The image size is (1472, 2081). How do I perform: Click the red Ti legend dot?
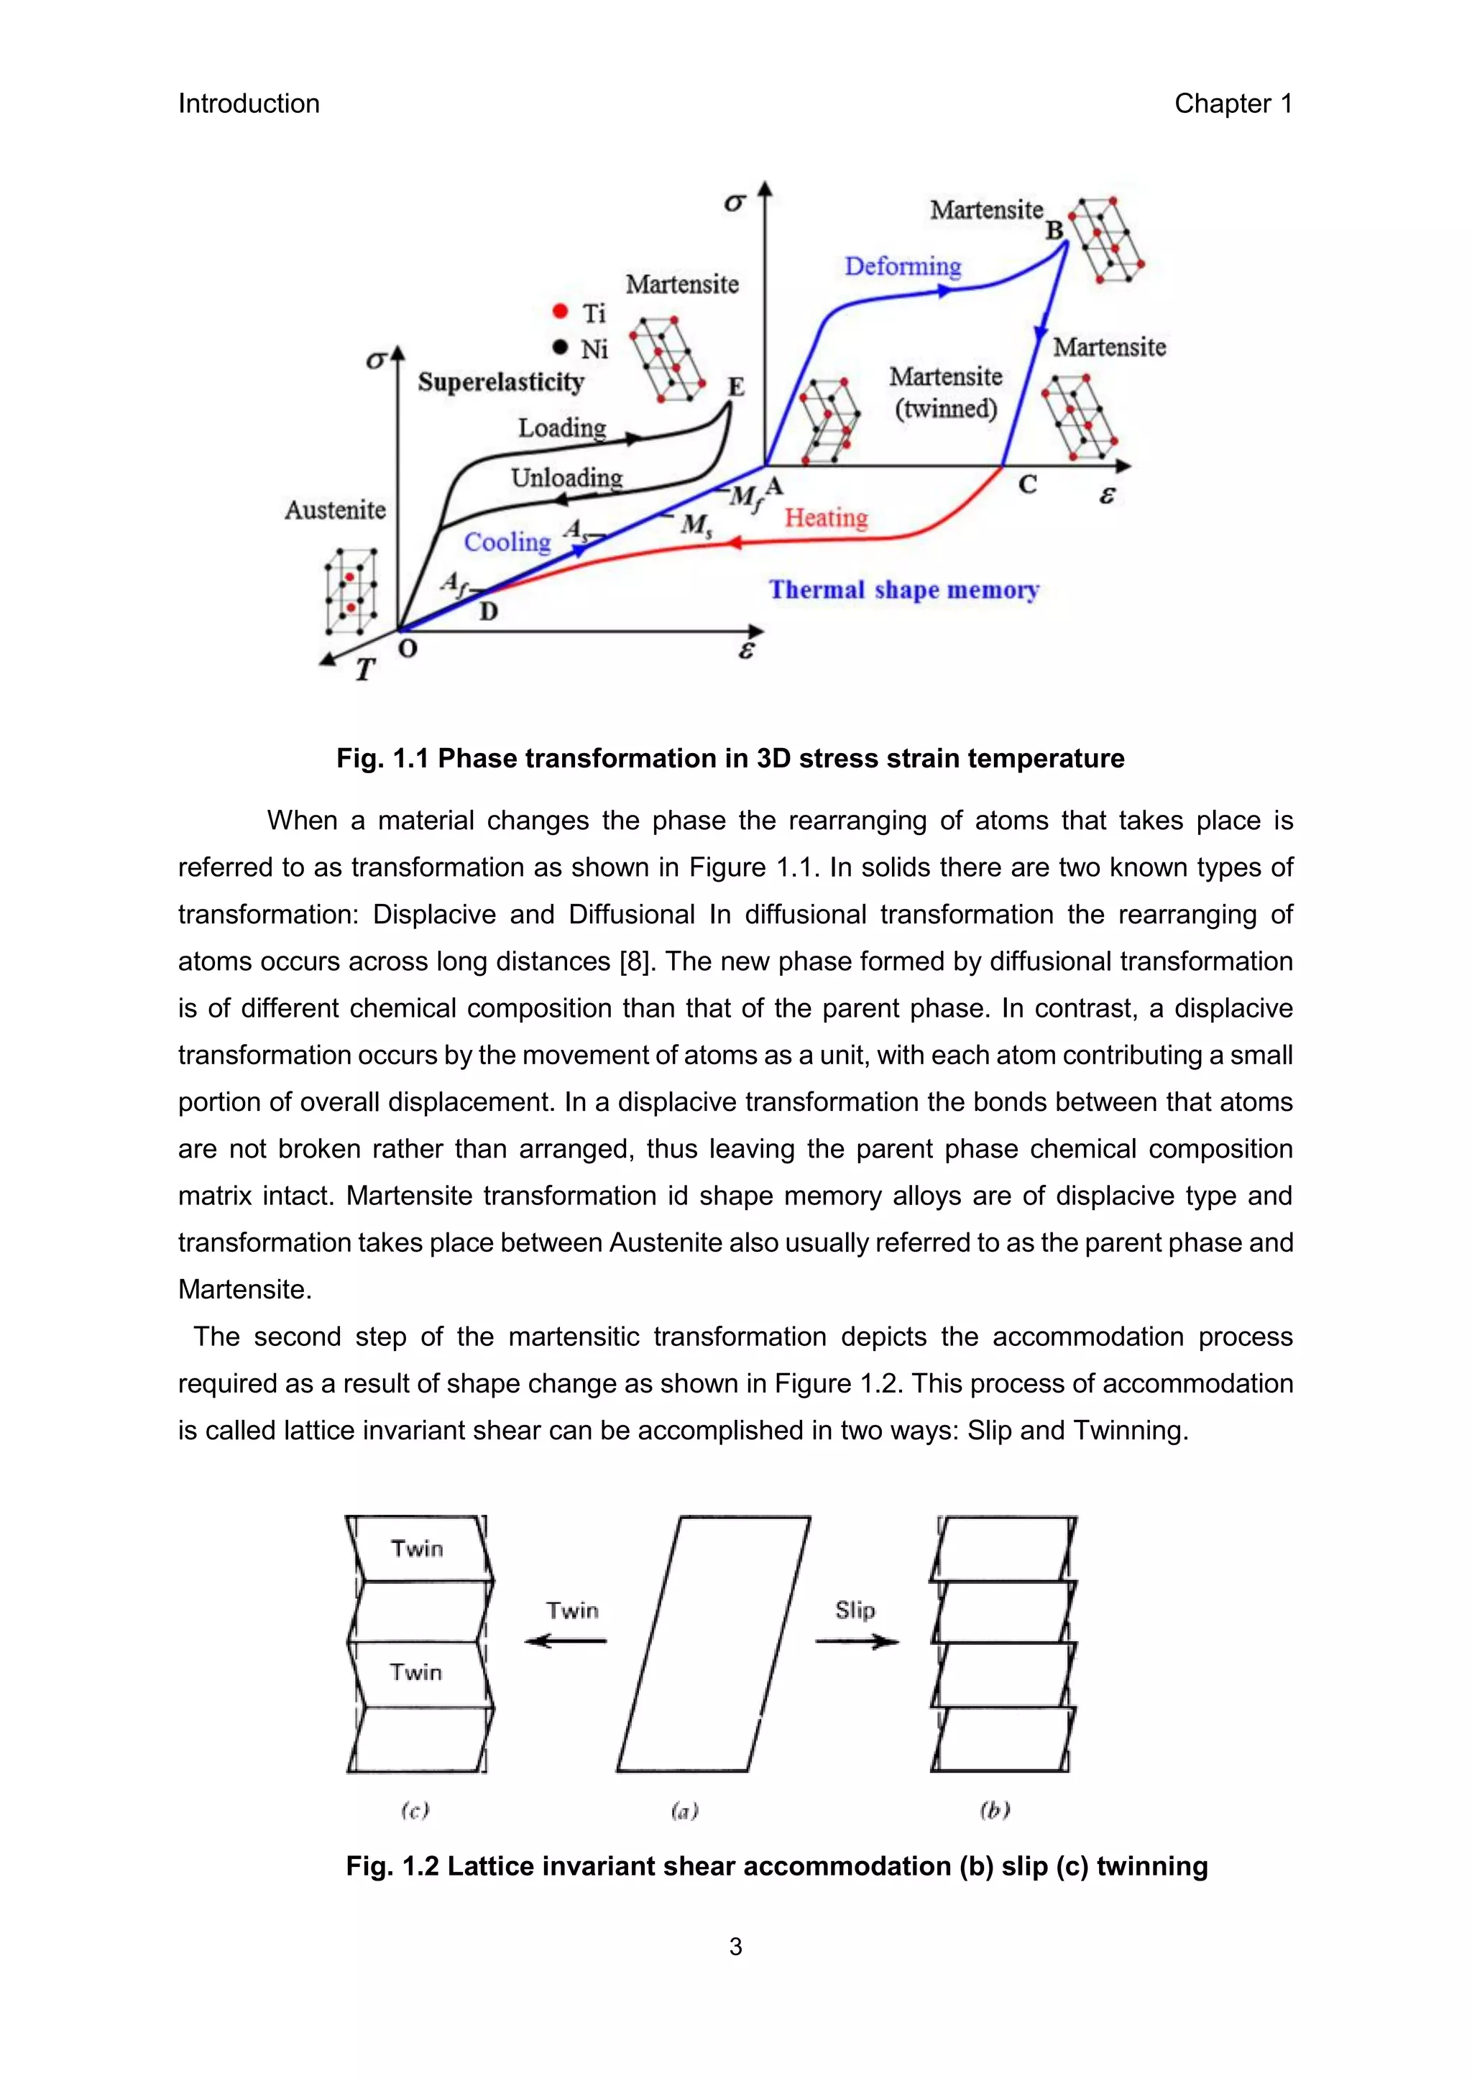pyautogui.click(x=560, y=311)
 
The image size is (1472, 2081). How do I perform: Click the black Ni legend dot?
pyautogui.click(x=560, y=347)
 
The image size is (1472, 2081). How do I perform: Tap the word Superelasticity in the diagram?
pyautogui.click(x=500, y=382)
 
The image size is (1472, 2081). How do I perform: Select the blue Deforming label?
pyautogui.click(x=902, y=267)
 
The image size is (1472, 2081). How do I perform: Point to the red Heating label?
pyautogui.click(x=826, y=517)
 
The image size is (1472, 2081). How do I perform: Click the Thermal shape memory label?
pyautogui.click(x=903, y=590)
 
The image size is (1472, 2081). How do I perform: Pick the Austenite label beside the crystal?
pyautogui.click(x=336, y=510)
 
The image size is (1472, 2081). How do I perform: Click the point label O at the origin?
pyautogui.click(x=408, y=649)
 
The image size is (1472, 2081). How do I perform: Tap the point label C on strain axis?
pyautogui.click(x=1027, y=486)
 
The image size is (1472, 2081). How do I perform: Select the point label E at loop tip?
pyautogui.click(x=736, y=387)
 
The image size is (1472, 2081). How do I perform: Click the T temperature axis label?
pyautogui.click(x=364, y=670)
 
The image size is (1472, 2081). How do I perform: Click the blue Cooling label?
pyautogui.click(x=507, y=542)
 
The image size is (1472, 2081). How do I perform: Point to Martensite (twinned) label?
pyautogui.click(x=945, y=392)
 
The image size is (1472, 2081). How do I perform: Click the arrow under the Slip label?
pyautogui.click(x=857, y=1641)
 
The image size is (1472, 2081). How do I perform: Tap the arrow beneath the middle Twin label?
pyautogui.click(x=566, y=1641)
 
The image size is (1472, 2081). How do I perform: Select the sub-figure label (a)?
pyautogui.click(x=684, y=1811)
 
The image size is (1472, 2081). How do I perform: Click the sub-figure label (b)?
pyautogui.click(x=994, y=1810)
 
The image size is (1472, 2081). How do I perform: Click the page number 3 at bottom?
pyautogui.click(x=735, y=1947)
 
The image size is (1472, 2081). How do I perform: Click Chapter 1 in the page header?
pyautogui.click(x=1233, y=103)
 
